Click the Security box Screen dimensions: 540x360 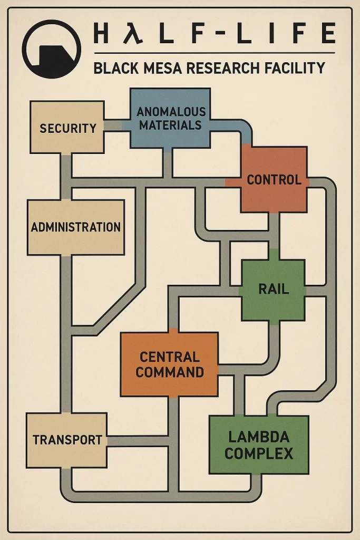[67, 127]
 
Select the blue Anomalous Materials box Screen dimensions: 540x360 [170, 119]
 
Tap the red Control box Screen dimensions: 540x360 [274, 179]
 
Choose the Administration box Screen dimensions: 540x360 [76, 227]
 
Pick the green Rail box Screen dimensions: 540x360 [273, 290]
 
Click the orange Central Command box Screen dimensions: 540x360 [169, 364]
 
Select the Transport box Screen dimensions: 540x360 [67, 439]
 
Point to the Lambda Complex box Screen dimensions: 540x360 [259, 445]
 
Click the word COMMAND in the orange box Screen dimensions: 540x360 [170, 372]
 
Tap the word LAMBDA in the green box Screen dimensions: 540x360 [259, 437]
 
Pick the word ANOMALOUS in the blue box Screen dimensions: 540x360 [171, 112]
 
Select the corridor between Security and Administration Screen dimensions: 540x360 [66, 177]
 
